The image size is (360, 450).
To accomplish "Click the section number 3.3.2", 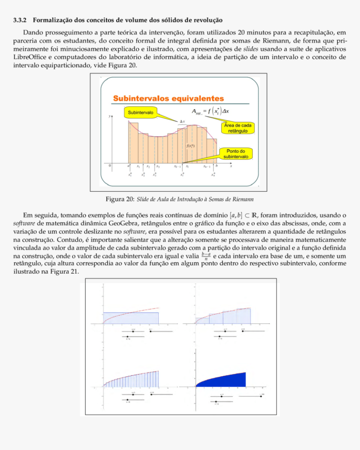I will pyautogui.click(x=20, y=20).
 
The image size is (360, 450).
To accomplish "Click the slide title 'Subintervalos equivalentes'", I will pyautogui.click(x=168, y=98).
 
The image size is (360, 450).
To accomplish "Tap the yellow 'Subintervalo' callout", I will pyautogui.click(x=140, y=113).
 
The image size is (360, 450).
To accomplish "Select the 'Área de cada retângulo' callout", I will pyautogui.click(x=237, y=128).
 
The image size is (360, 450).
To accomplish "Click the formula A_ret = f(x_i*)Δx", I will pyautogui.click(x=212, y=111).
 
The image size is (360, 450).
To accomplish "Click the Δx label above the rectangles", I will pyautogui.click(x=183, y=122).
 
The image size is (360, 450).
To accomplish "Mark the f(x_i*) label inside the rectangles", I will pyautogui.click(x=190, y=146).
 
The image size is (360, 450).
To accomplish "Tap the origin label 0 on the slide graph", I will pyautogui.click(x=110, y=166).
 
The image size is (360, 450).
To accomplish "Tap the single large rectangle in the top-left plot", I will pyautogui.click(x=131, y=318).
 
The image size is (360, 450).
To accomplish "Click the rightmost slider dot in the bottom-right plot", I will pyautogui.click(x=261, y=396).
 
